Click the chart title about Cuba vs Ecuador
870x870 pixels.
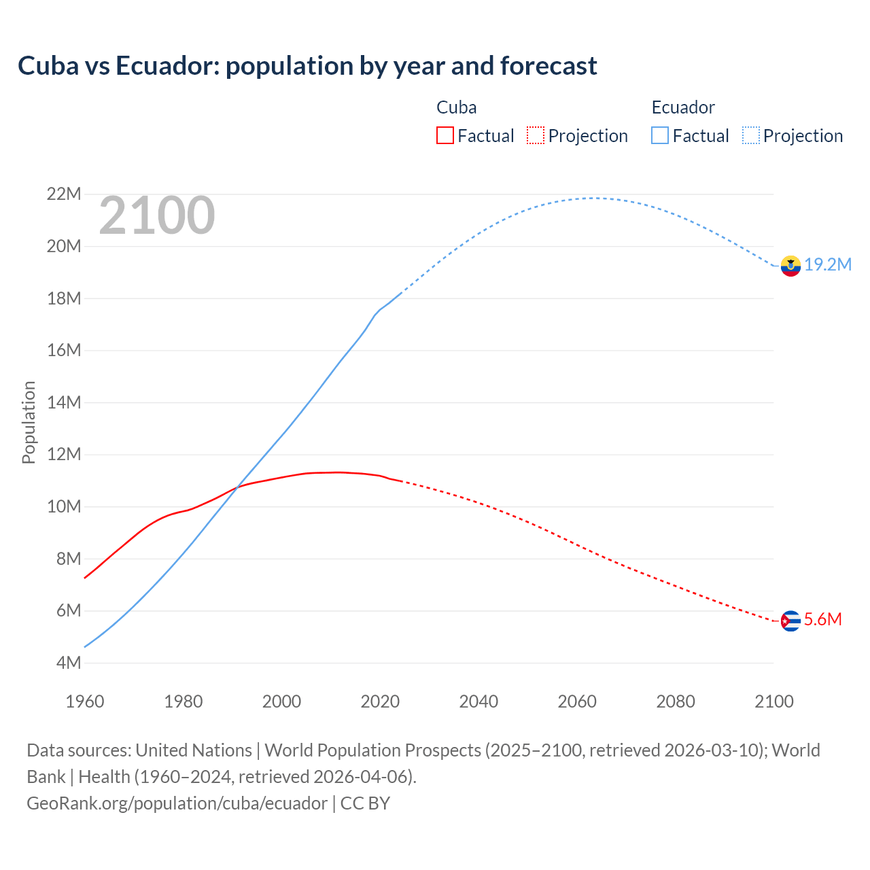(307, 66)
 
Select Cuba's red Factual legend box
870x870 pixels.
(445, 136)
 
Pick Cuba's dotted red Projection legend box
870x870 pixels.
(536, 136)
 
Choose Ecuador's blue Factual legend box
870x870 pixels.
(659, 136)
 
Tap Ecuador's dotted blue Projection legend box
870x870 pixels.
(750, 136)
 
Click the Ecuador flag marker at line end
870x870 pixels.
(790, 266)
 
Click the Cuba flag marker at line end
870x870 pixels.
(790, 621)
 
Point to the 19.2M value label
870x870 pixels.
(828, 265)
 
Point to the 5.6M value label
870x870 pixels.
(823, 619)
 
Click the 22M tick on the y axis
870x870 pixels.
(64, 194)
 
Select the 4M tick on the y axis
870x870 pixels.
(68, 663)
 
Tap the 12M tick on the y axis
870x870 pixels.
(64, 455)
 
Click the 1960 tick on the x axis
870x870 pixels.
(85, 701)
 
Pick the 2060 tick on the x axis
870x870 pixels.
(577, 701)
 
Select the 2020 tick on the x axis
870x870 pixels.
(380, 701)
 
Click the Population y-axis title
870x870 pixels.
(29, 422)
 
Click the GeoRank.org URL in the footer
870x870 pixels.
(177, 803)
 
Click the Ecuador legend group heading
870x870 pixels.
(683, 107)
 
